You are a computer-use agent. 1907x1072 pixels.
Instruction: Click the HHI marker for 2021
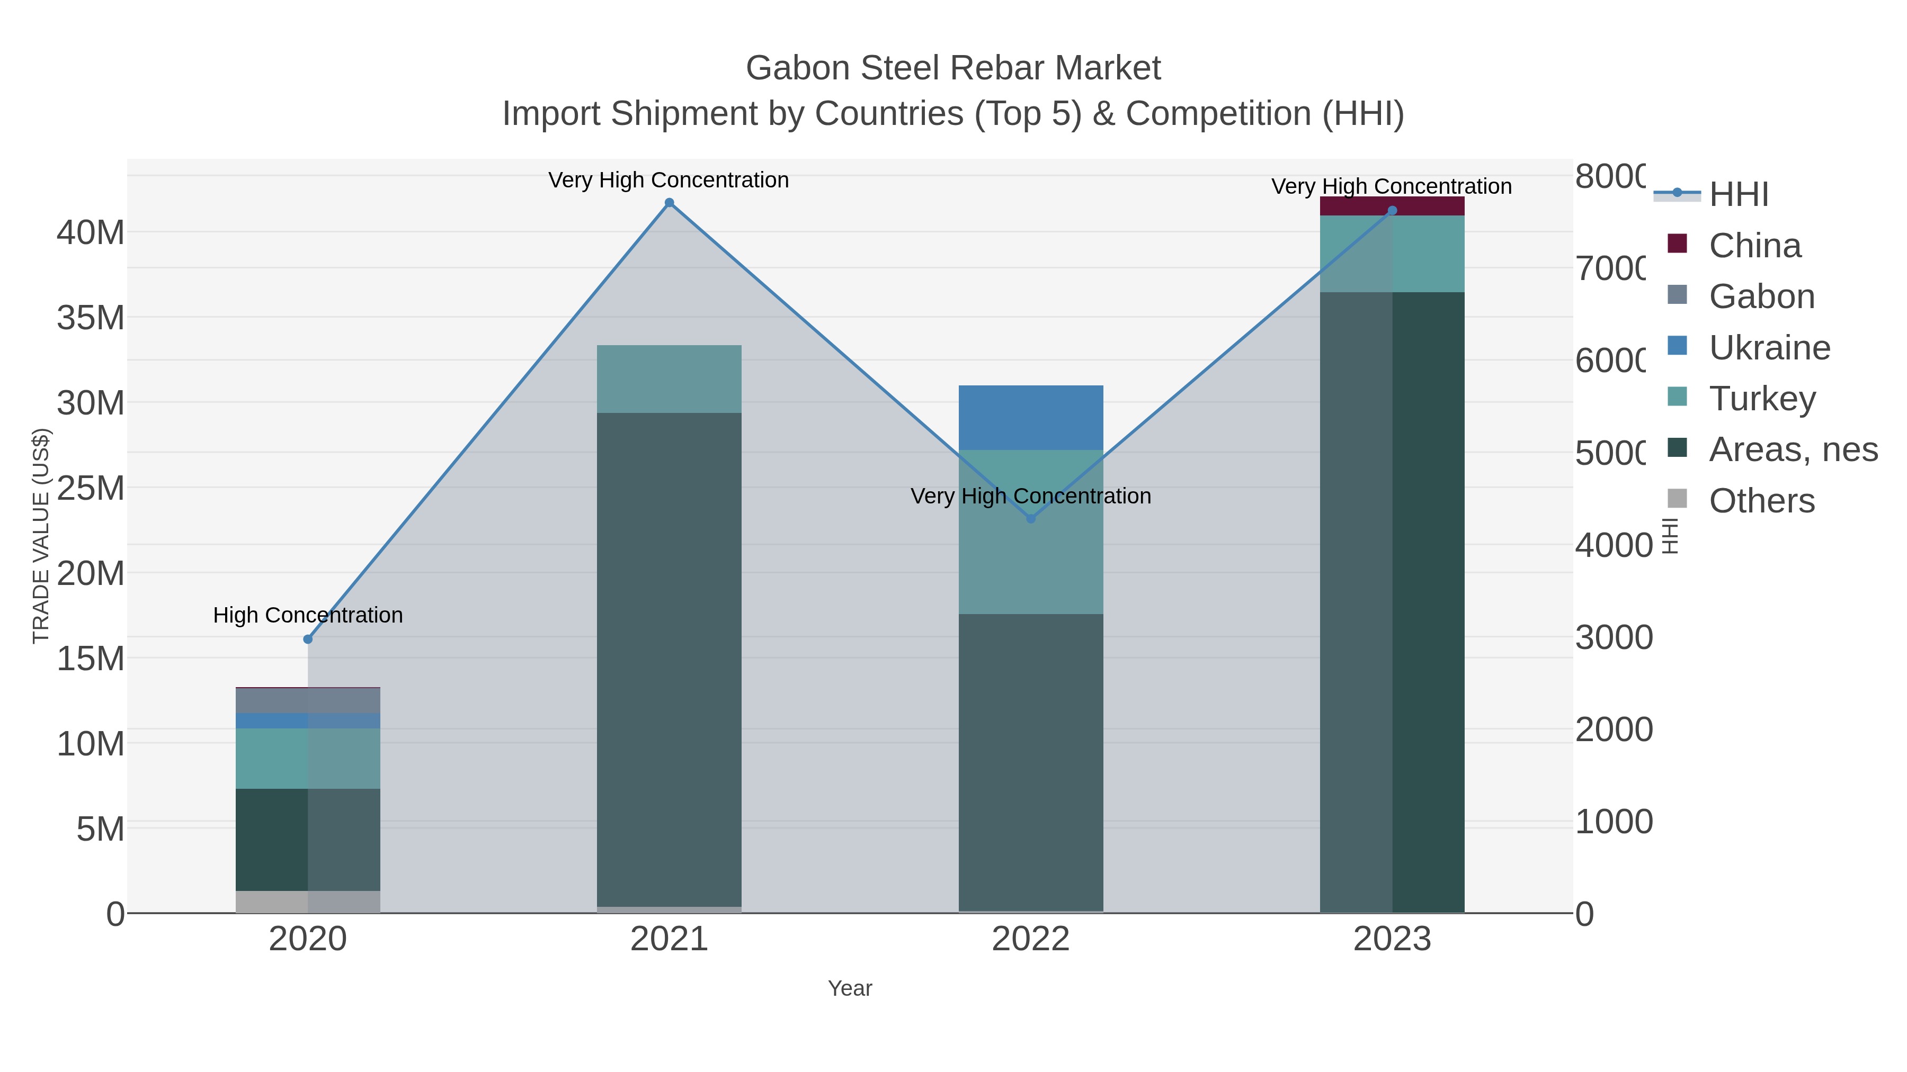[x=669, y=203]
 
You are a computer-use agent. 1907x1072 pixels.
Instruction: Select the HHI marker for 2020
[x=308, y=639]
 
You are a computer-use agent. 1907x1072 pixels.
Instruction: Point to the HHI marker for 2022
[x=1030, y=519]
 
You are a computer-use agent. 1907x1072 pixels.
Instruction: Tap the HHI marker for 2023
[x=1392, y=211]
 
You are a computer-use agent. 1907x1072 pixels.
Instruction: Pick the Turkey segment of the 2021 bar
[x=669, y=379]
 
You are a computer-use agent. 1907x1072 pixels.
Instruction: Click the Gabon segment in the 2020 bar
[x=308, y=700]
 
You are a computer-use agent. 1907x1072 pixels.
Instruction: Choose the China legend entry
[x=1754, y=246]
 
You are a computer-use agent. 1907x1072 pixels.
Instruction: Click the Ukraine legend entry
[x=1769, y=348]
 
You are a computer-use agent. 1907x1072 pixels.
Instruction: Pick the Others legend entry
[x=1762, y=501]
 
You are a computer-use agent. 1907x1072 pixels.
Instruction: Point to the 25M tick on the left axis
[x=90, y=488]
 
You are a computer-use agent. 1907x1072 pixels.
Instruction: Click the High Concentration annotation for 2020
[x=308, y=616]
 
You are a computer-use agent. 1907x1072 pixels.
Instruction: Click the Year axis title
[x=850, y=988]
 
